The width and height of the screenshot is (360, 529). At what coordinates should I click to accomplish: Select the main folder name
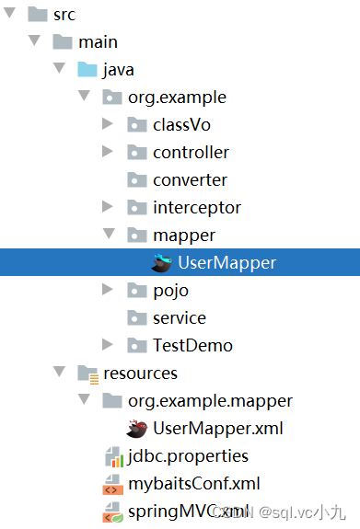click(x=98, y=42)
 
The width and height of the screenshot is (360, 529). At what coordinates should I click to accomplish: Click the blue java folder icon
click(x=87, y=70)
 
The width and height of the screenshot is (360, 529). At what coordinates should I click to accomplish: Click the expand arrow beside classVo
click(x=108, y=125)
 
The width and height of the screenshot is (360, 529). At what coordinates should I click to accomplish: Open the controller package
click(x=191, y=153)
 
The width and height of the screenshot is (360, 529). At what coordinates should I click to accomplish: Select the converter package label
click(x=190, y=180)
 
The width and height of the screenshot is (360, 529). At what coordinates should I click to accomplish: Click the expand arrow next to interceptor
click(x=108, y=208)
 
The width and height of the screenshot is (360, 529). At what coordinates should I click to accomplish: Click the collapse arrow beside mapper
click(x=108, y=236)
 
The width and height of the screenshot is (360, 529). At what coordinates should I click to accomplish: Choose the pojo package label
click(x=170, y=291)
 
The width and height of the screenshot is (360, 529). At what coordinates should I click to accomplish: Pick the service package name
click(x=179, y=318)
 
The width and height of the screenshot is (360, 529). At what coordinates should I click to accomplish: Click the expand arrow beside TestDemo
click(x=108, y=346)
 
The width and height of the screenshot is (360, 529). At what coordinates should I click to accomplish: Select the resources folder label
click(x=140, y=374)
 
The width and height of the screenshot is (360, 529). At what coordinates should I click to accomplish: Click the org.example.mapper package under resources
click(x=210, y=401)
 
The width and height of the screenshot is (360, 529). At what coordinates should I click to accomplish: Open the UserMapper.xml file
click(x=218, y=429)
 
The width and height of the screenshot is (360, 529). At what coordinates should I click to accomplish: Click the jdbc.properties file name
click(x=187, y=456)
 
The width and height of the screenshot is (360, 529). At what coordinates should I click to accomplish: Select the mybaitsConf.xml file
click(x=193, y=484)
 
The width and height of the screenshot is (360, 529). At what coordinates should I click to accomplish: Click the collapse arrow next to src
click(x=11, y=15)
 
